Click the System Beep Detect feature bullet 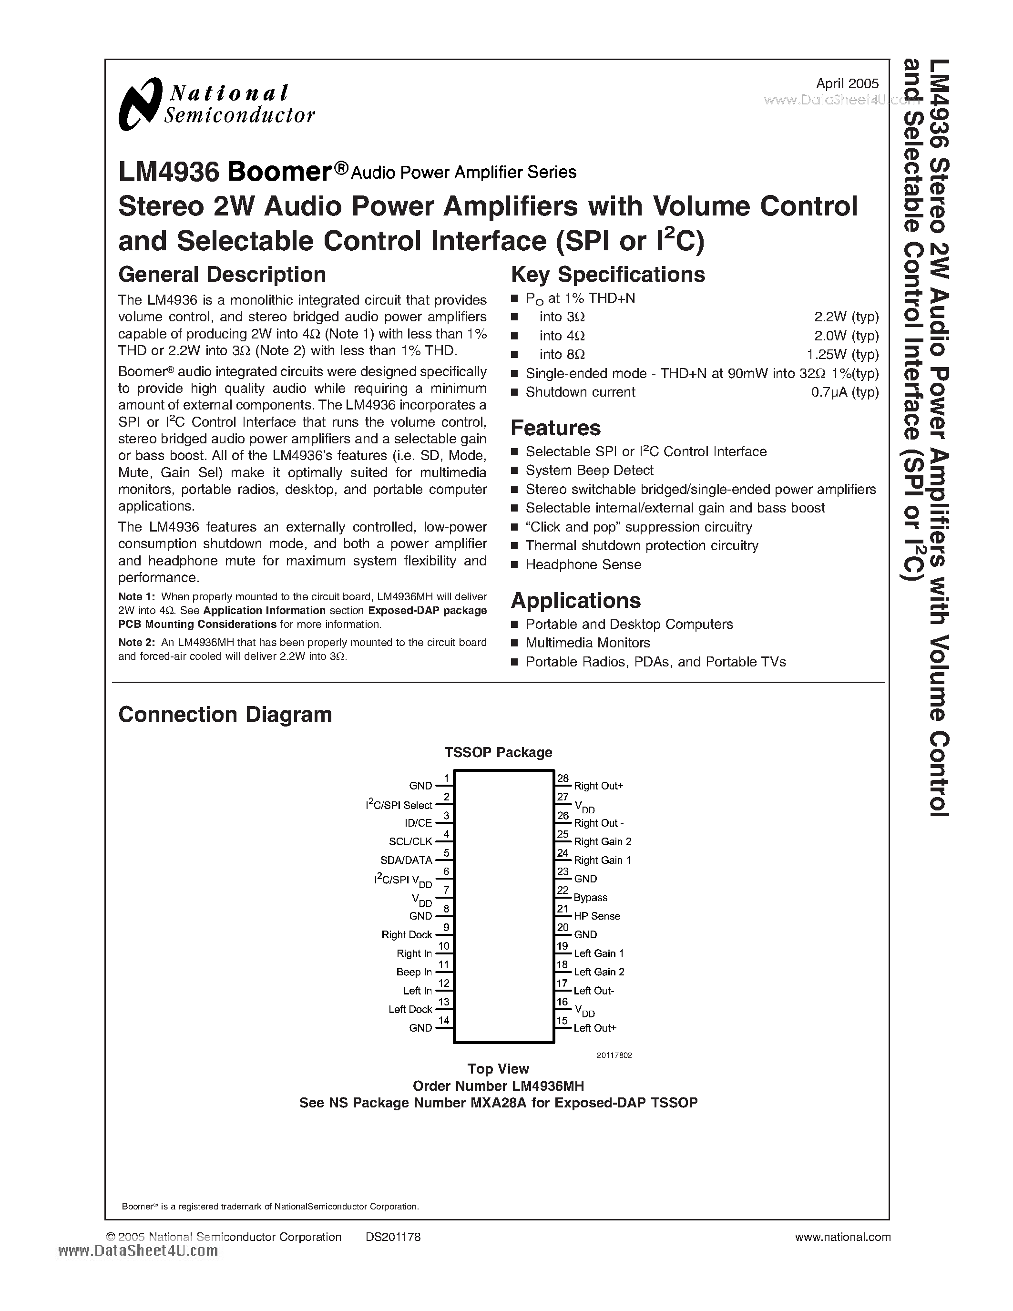tap(589, 470)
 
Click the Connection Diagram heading tap(225, 714)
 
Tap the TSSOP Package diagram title tap(498, 752)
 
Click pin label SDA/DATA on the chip tap(406, 860)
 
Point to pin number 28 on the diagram tap(563, 778)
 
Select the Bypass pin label tap(591, 897)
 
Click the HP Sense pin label tap(596, 916)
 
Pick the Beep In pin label tap(414, 972)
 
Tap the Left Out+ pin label tap(595, 1028)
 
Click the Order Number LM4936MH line tap(498, 1086)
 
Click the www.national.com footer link tap(842, 1237)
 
